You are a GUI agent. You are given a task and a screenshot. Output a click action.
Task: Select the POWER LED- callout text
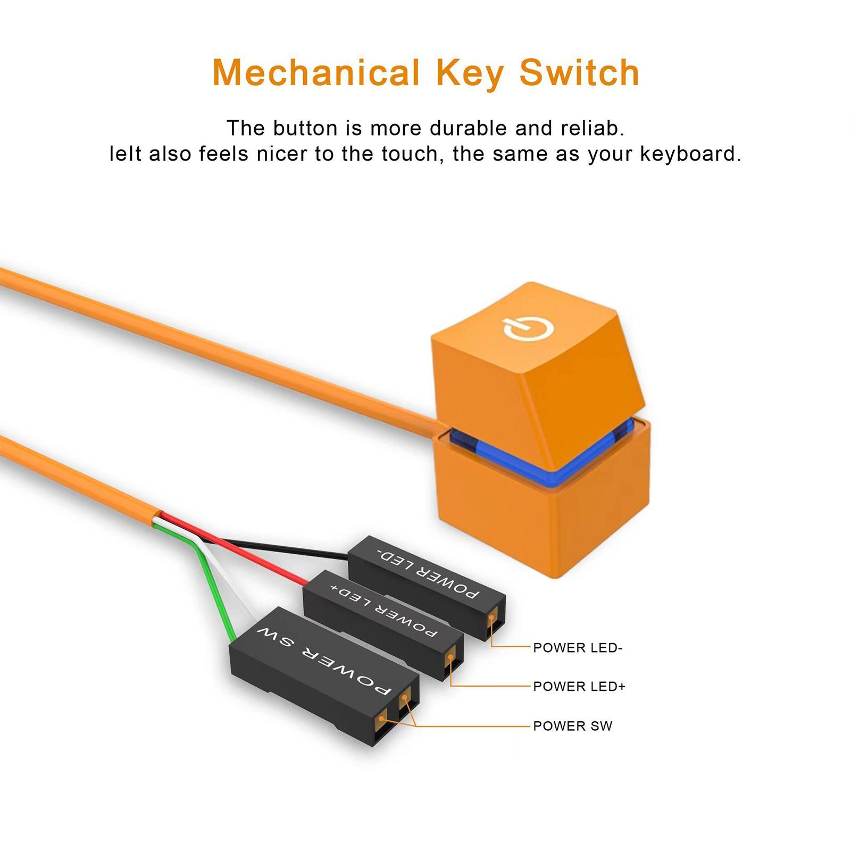(x=578, y=648)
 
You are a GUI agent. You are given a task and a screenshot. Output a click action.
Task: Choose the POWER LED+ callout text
(x=579, y=687)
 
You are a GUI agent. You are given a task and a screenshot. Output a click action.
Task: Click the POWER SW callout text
(x=573, y=726)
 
